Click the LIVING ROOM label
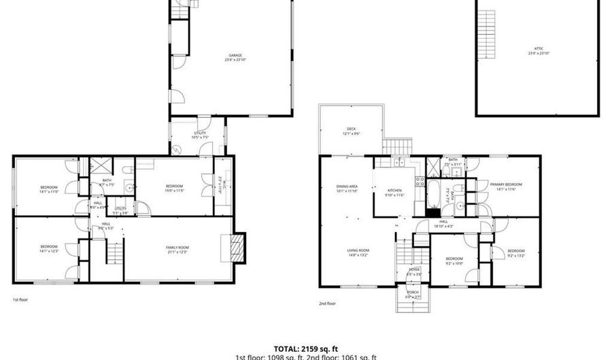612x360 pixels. click(x=358, y=252)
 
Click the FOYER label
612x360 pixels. click(x=414, y=272)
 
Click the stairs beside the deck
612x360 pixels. click(x=399, y=146)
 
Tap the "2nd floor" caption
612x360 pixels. click(x=327, y=304)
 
